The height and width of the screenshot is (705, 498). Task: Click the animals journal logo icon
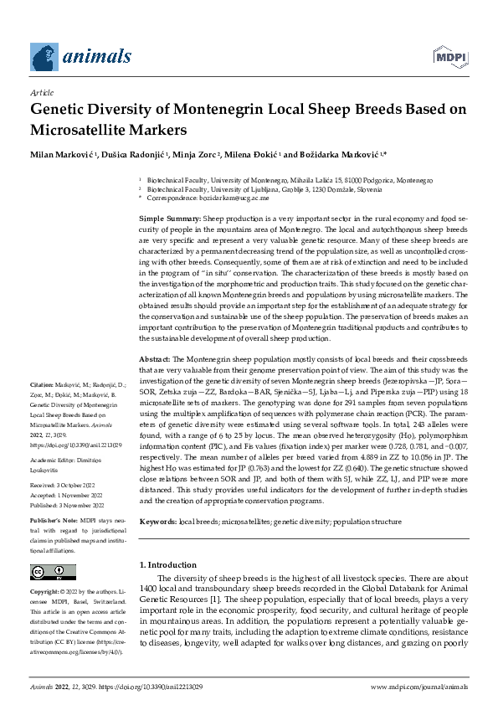(x=46, y=57)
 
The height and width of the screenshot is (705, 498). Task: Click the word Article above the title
(x=41, y=93)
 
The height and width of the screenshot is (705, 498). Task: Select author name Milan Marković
(x=63, y=156)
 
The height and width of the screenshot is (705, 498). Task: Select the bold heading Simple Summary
(x=170, y=219)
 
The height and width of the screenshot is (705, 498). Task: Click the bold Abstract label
(x=156, y=358)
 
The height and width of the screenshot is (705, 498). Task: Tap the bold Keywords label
(x=158, y=522)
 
